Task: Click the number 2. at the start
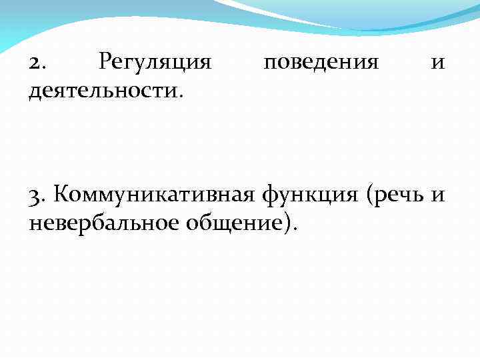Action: coord(37,63)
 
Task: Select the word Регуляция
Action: coord(155,63)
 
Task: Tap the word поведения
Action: coord(321,63)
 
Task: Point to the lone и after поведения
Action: coord(438,63)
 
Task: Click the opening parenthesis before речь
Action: coord(369,196)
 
